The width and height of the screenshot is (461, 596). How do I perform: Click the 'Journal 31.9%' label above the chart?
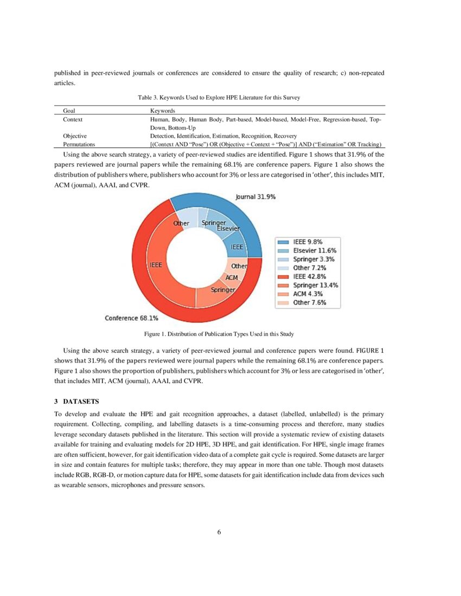(255, 197)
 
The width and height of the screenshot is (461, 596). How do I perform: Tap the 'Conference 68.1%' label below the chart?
(131, 318)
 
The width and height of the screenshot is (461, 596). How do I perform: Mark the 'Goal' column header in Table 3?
(69, 110)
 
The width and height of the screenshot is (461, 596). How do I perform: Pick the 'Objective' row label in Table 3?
(75, 136)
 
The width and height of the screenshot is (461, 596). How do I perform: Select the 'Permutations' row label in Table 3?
(79, 145)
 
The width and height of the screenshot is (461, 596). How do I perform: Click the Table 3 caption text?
(219, 98)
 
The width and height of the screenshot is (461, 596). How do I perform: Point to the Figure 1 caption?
(219, 333)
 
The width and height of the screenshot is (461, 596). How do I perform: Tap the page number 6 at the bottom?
(219, 532)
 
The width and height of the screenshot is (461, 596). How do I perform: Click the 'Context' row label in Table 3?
(73, 119)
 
